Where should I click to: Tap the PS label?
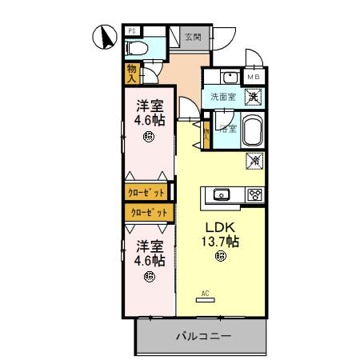coord(133,31)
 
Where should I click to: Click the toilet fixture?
coord(137,49)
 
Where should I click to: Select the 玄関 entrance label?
coord(192,36)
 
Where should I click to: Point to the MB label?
coord(253,77)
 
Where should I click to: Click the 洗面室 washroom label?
coord(222,97)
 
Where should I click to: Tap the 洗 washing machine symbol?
coord(252,96)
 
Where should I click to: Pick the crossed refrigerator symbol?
coord(254,162)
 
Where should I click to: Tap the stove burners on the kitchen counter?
coord(254,194)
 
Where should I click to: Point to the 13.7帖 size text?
coord(222,240)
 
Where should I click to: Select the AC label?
coord(206,293)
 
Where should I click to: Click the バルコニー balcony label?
coord(204,337)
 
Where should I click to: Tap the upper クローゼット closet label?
coord(146,193)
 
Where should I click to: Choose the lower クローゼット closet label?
coord(150,212)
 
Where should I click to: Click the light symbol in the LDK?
coord(221,256)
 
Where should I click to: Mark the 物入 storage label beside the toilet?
coord(131,74)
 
